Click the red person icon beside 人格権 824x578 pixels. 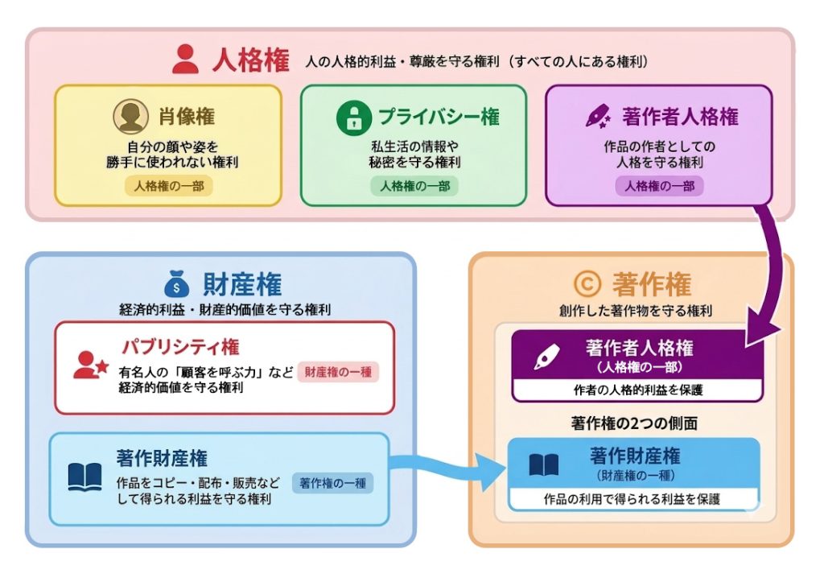(x=185, y=58)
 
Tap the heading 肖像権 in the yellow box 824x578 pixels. (x=185, y=117)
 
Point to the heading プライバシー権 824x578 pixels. (x=439, y=117)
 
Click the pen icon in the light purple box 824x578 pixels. (x=597, y=118)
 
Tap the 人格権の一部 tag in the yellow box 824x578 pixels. (x=169, y=186)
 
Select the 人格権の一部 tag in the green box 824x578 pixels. (x=414, y=186)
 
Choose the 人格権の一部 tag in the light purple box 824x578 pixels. (x=660, y=186)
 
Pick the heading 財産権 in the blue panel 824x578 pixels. (x=243, y=283)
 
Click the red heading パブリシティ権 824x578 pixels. (x=180, y=347)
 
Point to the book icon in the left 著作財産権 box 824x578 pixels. (x=84, y=477)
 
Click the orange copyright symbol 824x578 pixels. (x=584, y=283)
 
